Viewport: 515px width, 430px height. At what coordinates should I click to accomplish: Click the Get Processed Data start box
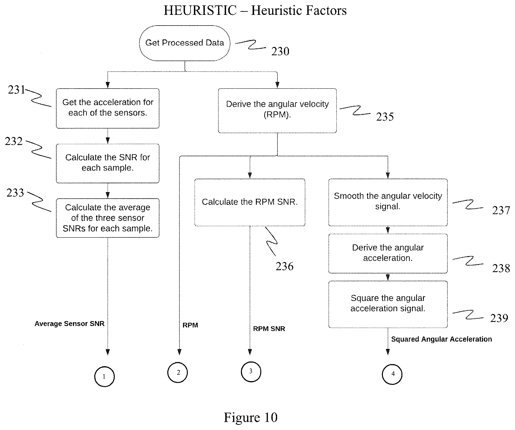(185, 43)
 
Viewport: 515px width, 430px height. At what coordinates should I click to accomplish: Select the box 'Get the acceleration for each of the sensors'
(108, 108)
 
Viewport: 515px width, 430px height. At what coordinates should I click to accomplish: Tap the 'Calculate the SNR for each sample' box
(108, 163)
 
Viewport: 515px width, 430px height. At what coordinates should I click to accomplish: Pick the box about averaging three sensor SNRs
(108, 218)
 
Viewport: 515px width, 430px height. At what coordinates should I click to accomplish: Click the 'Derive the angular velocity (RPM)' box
(277, 111)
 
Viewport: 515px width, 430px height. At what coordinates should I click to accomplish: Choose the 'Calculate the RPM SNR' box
(250, 202)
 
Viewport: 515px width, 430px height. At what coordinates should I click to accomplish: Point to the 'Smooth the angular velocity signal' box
(388, 202)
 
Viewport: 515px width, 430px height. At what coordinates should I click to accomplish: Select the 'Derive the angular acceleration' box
(388, 253)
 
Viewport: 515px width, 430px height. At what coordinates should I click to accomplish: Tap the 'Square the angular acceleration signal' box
(388, 304)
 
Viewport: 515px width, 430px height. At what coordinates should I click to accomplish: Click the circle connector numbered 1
(104, 377)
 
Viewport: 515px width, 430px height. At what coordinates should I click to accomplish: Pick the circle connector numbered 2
(178, 373)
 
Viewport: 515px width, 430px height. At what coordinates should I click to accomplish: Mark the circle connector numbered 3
(251, 372)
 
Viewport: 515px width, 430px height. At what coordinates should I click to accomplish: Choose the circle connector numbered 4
(392, 374)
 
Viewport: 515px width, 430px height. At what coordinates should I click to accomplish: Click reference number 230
(280, 51)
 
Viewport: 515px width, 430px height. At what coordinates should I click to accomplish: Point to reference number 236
(285, 266)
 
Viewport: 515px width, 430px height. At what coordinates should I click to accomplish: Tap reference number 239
(499, 318)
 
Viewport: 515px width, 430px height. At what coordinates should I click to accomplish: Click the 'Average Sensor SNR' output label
(69, 324)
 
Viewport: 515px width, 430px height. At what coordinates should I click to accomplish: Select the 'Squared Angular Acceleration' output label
(441, 339)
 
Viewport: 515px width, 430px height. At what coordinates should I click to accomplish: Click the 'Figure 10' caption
(250, 417)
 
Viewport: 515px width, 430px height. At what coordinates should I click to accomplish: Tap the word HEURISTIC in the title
(200, 10)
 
